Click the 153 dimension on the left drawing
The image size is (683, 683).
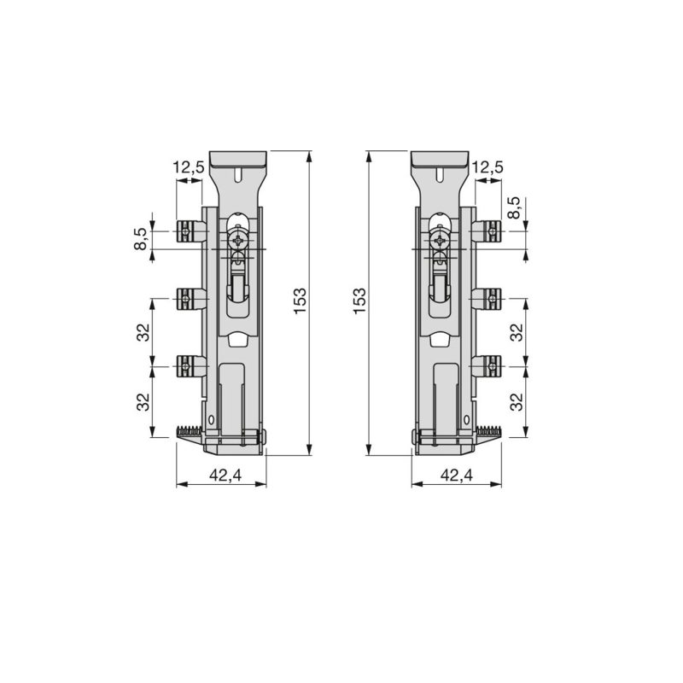[301, 301]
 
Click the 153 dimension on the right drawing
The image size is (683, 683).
[359, 301]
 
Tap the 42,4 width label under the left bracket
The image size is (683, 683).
[225, 475]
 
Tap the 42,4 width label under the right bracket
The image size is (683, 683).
[457, 475]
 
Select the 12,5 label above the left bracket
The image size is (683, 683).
[189, 166]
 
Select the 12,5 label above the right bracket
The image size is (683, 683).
[487, 166]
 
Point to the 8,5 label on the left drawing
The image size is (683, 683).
[140, 238]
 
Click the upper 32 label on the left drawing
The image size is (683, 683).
[143, 332]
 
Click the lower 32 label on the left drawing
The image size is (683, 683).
[143, 401]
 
